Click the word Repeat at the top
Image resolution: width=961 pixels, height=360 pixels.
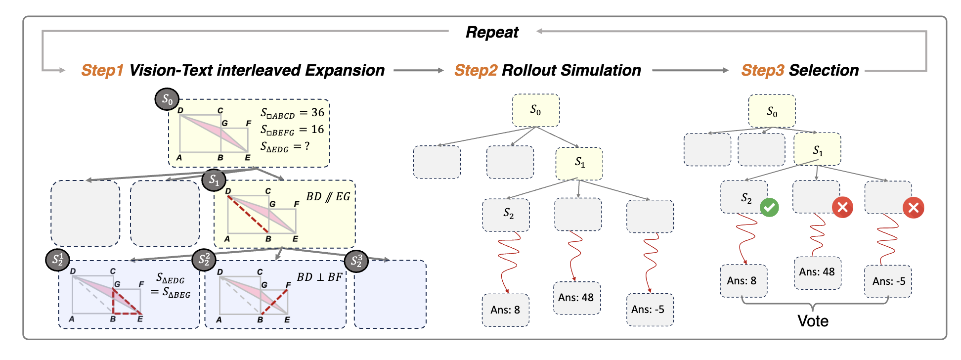coord(492,32)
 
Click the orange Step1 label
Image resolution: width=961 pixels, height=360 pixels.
coord(102,70)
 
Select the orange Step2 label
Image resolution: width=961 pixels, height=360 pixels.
coord(476,70)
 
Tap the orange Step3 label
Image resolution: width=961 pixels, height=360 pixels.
coord(762,70)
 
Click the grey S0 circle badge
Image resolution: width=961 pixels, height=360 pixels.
coord(167,99)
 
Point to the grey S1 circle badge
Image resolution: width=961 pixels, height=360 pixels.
coord(214,180)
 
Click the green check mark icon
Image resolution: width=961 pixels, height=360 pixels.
coord(769,207)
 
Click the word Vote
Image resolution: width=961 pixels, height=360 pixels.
coord(813,321)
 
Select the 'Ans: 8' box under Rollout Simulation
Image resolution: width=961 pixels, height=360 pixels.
coord(505,310)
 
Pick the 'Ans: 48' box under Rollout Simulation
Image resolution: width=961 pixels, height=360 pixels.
coord(576,298)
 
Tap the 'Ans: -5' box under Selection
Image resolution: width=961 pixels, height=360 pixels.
coord(888,281)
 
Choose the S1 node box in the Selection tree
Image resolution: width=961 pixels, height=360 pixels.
coord(817,149)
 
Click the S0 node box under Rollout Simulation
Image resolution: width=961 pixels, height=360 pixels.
coord(536,110)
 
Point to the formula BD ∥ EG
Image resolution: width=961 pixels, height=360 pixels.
coord(328,197)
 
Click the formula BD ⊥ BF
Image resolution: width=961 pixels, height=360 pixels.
coord(319,277)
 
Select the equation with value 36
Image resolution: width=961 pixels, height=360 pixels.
coord(292,113)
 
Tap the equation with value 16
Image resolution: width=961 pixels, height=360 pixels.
coord(292,130)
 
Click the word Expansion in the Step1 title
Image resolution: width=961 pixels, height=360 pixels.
coord(345,70)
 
